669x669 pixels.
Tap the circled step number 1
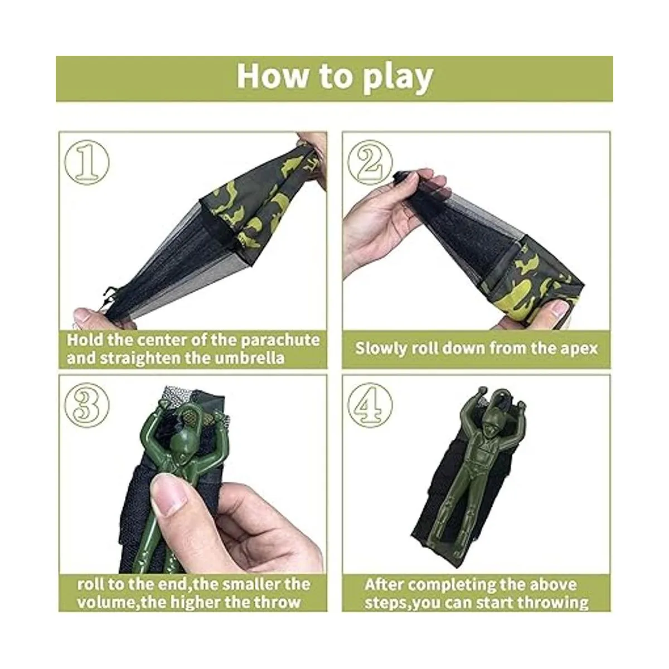pyautogui.click(x=87, y=162)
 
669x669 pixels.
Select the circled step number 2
pyautogui.click(x=370, y=162)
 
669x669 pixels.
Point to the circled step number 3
pyautogui.click(x=87, y=405)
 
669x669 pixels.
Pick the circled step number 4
pyautogui.click(x=370, y=405)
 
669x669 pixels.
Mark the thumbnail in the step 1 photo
pyautogui.click(x=83, y=315)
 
